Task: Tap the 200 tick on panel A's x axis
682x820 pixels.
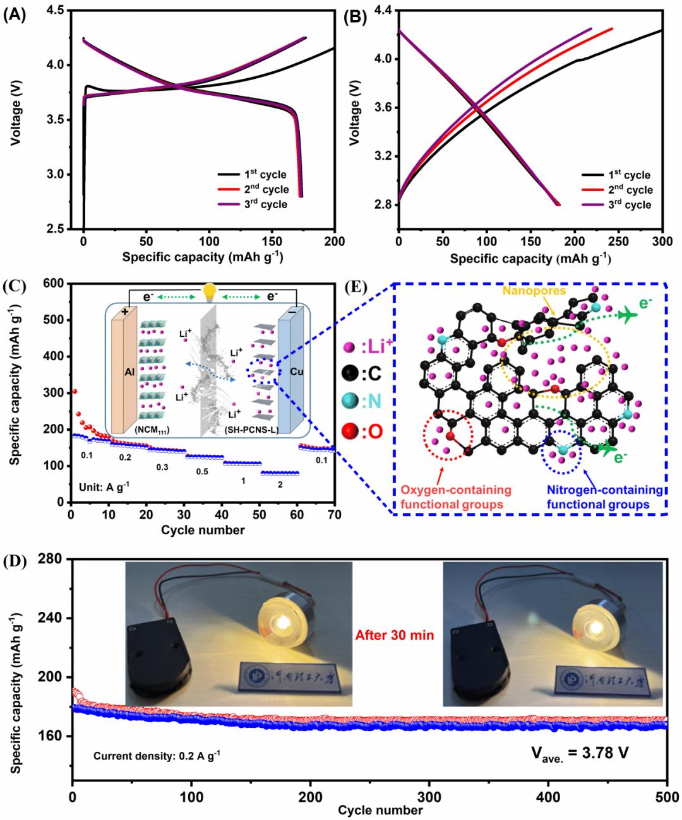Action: pos(335,241)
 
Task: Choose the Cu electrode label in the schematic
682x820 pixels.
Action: pos(296,372)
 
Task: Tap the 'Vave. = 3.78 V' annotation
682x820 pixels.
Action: pos(577,753)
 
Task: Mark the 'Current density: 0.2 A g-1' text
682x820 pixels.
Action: pos(157,755)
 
